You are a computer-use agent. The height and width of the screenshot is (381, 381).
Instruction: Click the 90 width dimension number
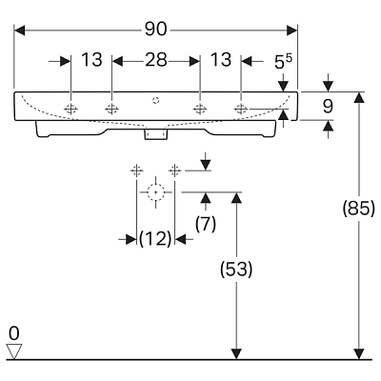point(155,30)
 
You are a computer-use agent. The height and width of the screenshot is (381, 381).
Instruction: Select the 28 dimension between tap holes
point(156,60)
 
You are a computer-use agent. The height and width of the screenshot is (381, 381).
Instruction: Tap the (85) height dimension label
point(359,209)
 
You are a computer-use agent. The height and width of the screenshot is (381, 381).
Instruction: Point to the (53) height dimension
point(236,270)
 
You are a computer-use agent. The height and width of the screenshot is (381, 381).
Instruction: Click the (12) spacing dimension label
point(155,238)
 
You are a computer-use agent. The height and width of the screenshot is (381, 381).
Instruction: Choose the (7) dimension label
point(206,224)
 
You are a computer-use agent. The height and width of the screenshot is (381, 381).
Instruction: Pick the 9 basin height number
point(328,106)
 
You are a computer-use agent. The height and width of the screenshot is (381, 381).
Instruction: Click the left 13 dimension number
point(91,60)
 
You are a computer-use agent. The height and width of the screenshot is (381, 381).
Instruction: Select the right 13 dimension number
point(221,60)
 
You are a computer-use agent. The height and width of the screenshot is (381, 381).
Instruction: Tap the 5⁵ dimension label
point(283,62)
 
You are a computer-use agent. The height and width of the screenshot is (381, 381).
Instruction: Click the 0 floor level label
point(14,333)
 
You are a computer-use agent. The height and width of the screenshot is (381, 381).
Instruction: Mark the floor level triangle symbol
point(14,351)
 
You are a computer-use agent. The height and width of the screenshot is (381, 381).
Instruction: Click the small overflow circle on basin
point(155,100)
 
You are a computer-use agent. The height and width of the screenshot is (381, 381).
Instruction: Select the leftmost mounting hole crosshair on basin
point(70,110)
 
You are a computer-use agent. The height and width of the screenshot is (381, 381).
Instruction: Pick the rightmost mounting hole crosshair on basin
point(241,110)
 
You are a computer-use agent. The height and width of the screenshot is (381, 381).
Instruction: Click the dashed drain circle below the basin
point(155,192)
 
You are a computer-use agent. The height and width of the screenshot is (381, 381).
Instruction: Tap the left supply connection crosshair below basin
point(136,171)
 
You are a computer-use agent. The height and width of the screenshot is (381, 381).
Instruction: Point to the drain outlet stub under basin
point(155,134)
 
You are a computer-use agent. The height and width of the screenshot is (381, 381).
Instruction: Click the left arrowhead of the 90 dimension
point(19,30)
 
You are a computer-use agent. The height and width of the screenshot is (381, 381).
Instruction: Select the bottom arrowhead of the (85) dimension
point(359,354)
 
